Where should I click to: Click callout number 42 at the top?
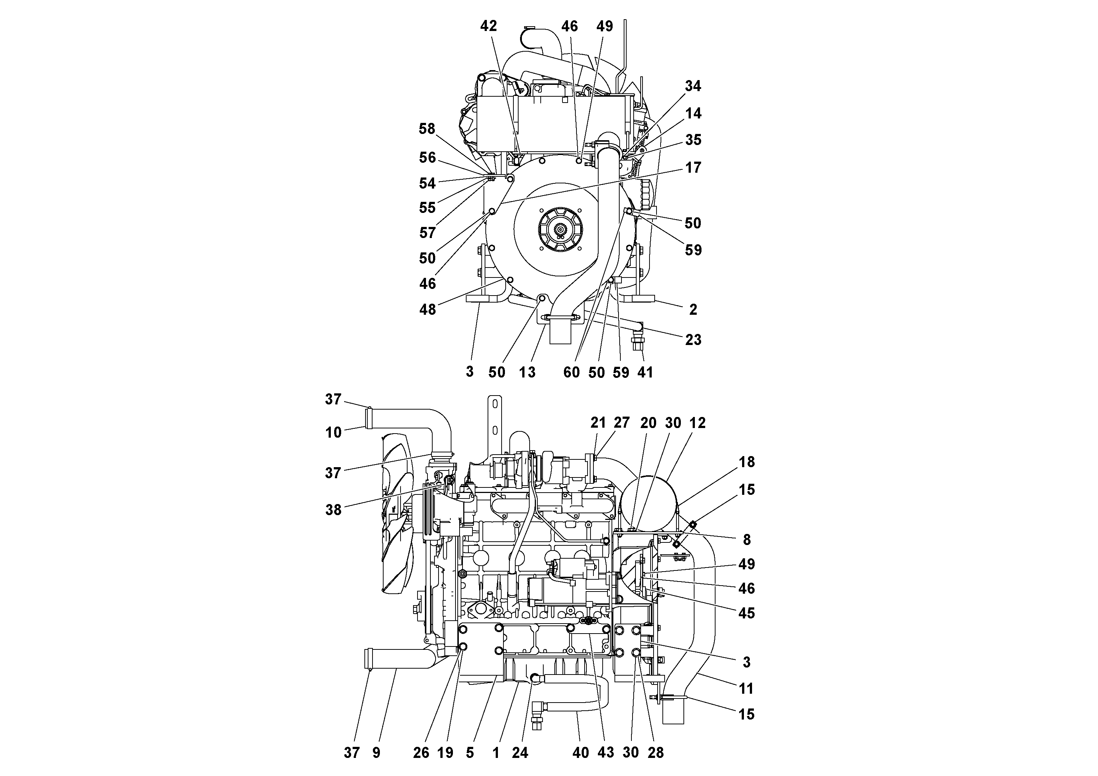click(x=488, y=26)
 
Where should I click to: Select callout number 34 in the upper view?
click(x=692, y=86)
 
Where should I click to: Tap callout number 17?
click(x=692, y=168)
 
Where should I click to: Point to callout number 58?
click(x=427, y=129)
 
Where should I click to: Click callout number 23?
click(x=692, y=340)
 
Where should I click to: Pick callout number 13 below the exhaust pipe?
click(x=527, y=372)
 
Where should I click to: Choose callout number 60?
click(x=571, y=372)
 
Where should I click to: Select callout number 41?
click(x=645, y=372)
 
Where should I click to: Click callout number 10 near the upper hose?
click(x=333, y=432)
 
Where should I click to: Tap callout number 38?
click(x=333, y=510)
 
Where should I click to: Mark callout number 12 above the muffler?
click(x=697, y=423)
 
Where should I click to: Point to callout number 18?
click(x=747, y=462)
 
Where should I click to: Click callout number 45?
click(x=747, y=613)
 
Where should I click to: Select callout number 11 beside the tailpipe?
click(x=747, y=689)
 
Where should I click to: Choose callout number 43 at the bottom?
click(x=605, y=752)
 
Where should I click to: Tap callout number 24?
click(x=520, y=752)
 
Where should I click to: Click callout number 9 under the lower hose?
click(x=376, y=752)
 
